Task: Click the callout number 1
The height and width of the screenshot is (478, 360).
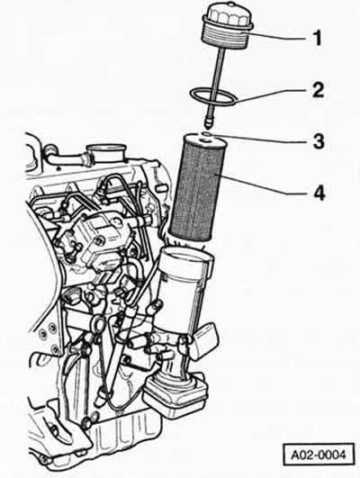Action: tap(318, 39)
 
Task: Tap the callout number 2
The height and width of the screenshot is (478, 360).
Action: tap(318, 90)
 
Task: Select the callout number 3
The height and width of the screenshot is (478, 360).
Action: tap(319, 141)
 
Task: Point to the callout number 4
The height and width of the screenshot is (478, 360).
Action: tap(319, 193)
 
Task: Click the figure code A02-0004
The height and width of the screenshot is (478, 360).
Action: tap(319, 455)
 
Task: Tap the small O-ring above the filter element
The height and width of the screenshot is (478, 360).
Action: tap(206, 134)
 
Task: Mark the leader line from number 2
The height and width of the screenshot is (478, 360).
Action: tap(270, 95)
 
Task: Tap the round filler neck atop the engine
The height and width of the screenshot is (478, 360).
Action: tap(106, 151)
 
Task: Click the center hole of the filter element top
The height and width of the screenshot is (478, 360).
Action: tap(203, 140)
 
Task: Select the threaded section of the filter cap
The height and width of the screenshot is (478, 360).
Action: tap(225, 40)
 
